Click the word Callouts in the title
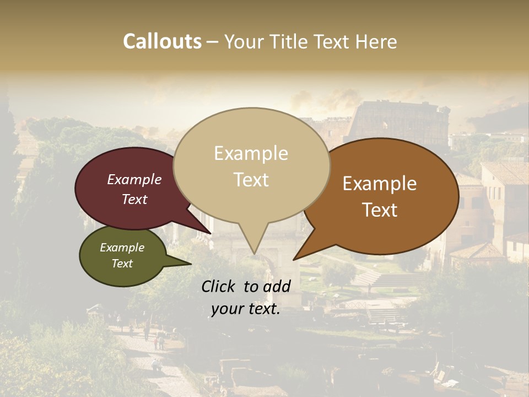click(x=162, y=41)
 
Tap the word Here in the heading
click(x=377, y=41)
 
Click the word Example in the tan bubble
click(x=251, y=153)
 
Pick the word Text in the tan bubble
click(x=251, y=180)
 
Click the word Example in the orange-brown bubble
click(x=380, y=184)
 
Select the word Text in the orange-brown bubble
click(x=380, y=210)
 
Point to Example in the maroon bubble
click(x=134, y=179)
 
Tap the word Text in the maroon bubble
click(x=134, y=199)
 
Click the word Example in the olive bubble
click(x=122, y=248)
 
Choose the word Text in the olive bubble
click(x=122, y=264)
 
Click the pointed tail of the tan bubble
click(x=253, y=253)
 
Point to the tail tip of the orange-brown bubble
click(x=295, y=258)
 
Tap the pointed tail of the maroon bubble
click(x=209, y=232)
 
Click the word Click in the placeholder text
click(x=220, y=286)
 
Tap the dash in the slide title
click(x=213, y=42)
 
